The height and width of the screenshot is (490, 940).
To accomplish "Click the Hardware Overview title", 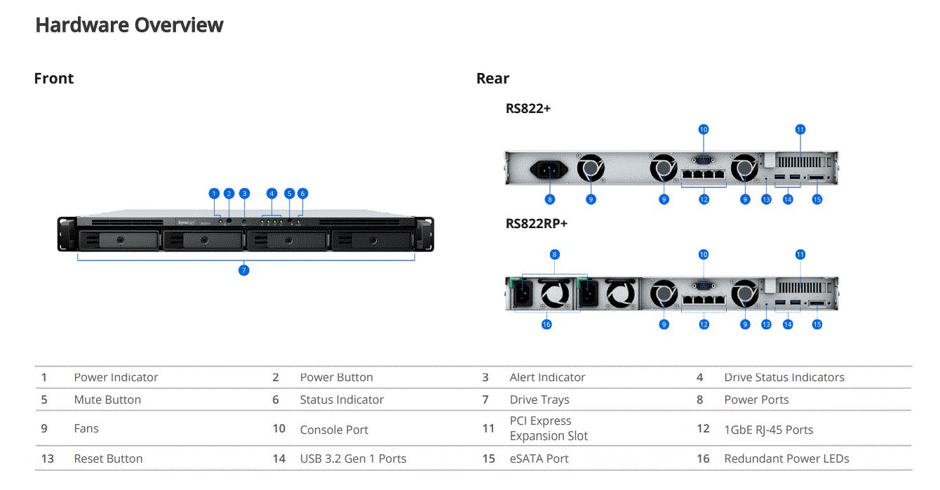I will pos(129,25).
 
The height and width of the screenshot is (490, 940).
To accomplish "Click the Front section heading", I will pos(54,79).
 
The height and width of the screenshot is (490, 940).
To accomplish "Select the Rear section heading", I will pos(492,79).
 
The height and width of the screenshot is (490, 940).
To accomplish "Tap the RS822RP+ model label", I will pos(537,223).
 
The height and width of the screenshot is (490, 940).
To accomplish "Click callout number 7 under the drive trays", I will pos(244,270).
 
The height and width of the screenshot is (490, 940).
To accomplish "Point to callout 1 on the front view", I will pos(215,193).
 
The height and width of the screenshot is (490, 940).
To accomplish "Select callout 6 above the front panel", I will pos(302,193).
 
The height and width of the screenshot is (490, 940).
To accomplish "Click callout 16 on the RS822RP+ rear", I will pos(546,324).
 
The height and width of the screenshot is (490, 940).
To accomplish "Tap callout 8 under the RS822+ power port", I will pos(549,199).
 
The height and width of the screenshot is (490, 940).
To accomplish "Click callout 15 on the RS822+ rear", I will pos(817,199).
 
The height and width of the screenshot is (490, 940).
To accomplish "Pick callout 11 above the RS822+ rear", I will pos(800,129).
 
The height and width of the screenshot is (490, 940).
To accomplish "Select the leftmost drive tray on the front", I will pos(119,240).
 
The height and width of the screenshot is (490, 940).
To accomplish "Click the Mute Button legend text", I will pos(107,399).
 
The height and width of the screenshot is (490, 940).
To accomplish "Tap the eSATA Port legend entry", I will pos(539,458).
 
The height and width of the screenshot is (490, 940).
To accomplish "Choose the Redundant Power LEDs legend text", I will pos(786,458).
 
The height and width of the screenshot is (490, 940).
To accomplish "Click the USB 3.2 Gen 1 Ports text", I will pos(353,458).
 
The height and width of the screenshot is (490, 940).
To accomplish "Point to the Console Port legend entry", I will pos(334,430).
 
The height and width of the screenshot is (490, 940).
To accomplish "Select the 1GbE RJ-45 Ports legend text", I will pos(768,430).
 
